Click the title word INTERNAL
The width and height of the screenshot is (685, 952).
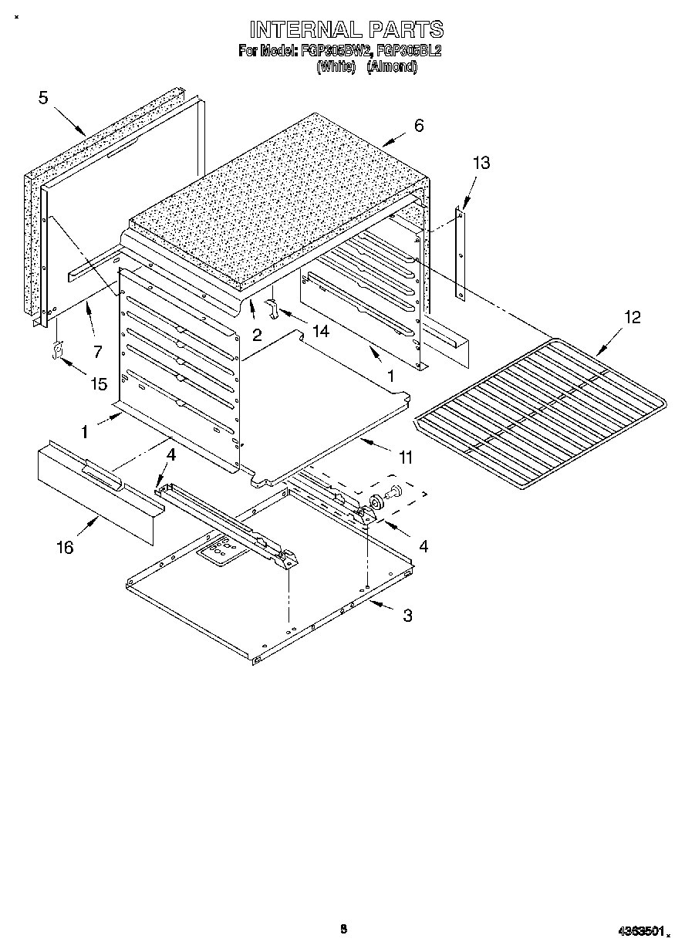tap(305, 29)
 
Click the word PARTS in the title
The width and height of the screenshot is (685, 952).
tap(405, 29)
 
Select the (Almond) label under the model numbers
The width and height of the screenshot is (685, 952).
tap(391, 66)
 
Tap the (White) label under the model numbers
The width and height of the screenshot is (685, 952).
tap(336, 66)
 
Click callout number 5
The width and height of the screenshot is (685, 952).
tap(43, 97)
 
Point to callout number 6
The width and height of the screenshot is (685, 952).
tap(419, 126)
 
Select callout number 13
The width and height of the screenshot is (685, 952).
tap(481, 163)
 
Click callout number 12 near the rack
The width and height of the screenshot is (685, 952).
tap(632, 317)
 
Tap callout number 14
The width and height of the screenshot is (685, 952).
tap(319, 331)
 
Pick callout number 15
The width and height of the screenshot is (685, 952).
tap(99, 383)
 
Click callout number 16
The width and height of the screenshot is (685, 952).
tap(65, 547)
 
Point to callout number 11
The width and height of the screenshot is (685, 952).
tap(404, 458)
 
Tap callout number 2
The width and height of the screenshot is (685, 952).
tap(257, 334)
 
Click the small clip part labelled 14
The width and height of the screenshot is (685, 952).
tap(272, 307)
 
